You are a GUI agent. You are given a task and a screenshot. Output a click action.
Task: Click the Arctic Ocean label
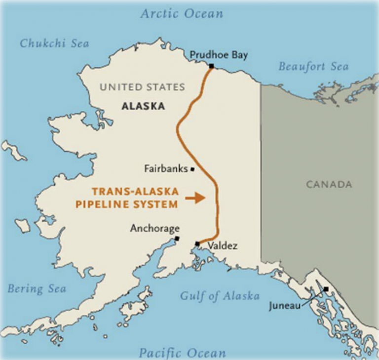182,13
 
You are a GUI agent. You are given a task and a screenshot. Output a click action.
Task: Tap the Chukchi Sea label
54,43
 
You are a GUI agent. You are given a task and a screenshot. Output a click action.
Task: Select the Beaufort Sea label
313,66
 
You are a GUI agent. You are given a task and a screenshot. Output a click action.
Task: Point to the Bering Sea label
37,289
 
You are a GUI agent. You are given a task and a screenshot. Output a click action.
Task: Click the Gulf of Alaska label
220,296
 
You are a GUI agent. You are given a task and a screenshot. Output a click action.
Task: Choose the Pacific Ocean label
182,353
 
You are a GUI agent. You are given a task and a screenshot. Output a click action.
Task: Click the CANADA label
329,185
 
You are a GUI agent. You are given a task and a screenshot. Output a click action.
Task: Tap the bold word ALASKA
143,106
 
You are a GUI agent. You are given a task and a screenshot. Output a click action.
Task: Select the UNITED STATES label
142,87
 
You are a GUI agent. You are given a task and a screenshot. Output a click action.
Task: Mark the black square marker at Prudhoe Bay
211,66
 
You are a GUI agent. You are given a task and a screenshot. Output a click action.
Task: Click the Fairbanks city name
166,169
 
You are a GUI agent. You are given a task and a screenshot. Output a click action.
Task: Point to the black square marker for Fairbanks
192,169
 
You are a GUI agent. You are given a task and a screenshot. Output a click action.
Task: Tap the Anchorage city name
154,229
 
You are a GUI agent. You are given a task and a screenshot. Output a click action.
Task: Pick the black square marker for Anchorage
177,238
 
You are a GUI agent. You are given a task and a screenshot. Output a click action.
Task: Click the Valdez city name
223,245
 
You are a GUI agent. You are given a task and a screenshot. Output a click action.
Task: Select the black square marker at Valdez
197,243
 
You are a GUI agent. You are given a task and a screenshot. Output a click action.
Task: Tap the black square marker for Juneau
326,289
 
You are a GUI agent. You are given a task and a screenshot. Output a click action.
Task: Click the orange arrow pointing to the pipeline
195,199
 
